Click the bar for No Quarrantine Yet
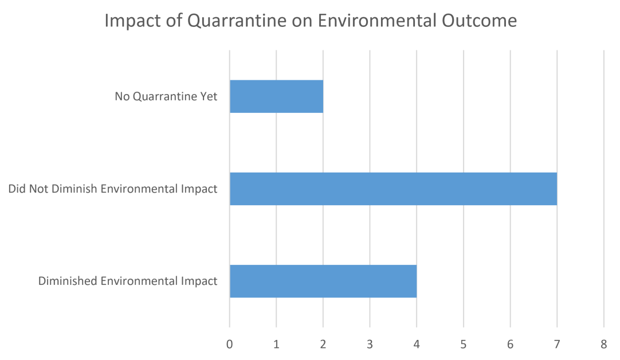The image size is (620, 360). click(276, 96)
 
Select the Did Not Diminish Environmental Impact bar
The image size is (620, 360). click(393, 189)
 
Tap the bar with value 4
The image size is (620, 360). click(323, 281)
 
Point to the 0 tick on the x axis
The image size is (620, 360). click(230, 345)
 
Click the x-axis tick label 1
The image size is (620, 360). click(276, 345)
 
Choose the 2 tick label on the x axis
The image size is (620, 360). click(323, 345)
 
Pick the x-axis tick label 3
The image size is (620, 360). click(370, 345)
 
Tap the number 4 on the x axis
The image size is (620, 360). click(417, 345)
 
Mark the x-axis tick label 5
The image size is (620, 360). click(463, 345)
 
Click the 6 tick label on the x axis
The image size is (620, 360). click(510, 345)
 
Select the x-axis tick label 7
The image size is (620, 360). click(556, 345)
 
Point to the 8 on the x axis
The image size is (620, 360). click(603, 345)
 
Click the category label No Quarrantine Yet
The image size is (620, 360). click(166, 96)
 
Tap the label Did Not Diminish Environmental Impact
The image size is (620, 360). click(113, 189)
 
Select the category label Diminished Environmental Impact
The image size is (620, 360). click(128, 281)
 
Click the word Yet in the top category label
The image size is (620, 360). click(209, 96)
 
